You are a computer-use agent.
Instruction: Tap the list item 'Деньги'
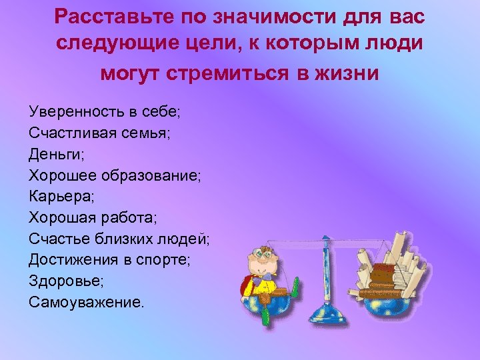tap(56, 154)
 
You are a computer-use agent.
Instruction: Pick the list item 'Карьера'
tap(61, 197)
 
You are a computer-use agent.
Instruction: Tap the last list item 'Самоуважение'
tap(86, 303)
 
